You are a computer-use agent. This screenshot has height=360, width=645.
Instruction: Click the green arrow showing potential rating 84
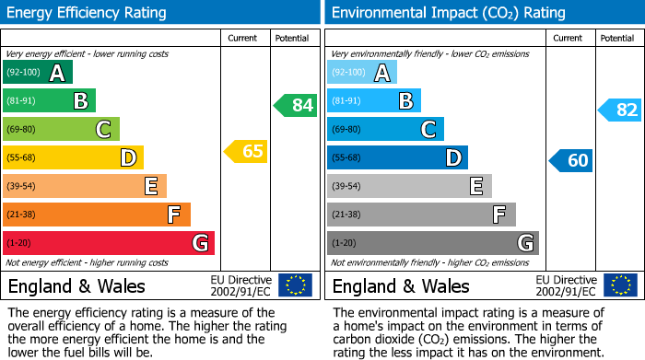(296, 105)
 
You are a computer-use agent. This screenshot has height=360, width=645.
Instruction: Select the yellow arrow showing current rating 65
(246, 151)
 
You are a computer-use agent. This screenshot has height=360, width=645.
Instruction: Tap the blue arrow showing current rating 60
(570, 160)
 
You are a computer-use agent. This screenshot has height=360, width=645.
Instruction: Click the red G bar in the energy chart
(108, 243)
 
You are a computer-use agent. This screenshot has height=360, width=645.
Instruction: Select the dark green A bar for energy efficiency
(38, 72)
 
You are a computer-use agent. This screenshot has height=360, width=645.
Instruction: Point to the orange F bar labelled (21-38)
(96, 215)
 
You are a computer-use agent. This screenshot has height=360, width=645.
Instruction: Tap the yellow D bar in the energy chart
(73, 157)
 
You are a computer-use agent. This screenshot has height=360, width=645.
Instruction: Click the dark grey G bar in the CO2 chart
(432, 243)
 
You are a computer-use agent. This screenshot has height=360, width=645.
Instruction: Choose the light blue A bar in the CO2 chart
(362, 72)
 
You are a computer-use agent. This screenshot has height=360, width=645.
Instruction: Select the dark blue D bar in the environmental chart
(397, 157)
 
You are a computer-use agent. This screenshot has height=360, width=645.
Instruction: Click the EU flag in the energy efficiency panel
(295, 285)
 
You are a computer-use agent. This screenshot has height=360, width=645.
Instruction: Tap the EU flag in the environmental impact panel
(619, 285)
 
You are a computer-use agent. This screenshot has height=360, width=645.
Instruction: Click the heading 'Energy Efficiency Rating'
(88, 13)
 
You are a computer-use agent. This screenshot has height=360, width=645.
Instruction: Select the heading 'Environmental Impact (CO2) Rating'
(448, 13)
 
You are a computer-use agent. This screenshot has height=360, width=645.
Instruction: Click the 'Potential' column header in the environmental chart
(617, 38)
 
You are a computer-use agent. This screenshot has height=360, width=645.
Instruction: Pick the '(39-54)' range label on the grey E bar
(348, 186)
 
